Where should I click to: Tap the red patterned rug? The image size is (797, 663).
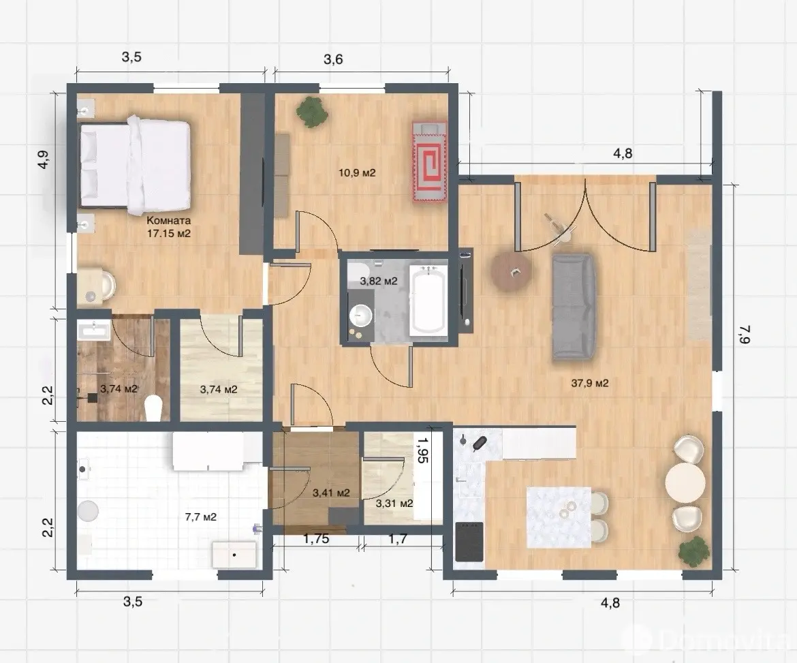(x=430, y=161)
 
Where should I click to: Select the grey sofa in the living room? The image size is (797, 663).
(x=574, y=307)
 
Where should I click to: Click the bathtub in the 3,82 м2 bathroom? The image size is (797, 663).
(x=428, y=299)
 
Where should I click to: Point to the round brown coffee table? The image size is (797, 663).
(x=511, y=272)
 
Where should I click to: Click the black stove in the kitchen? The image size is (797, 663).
(x=469, y=542)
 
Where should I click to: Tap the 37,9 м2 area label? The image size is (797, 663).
(x=590, y=384)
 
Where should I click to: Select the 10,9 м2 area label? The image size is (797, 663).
(x=357, y=173)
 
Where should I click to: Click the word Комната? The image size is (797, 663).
(x=169, y=221)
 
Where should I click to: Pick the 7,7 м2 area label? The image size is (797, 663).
(x=201, y=517)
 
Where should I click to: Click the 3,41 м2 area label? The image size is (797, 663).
(x=331, y=493)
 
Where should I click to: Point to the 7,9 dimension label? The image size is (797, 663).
(x=744, y=334)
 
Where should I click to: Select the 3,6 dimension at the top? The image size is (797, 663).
(x=333, y=59)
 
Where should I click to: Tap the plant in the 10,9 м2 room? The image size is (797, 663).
(x=311, y=111)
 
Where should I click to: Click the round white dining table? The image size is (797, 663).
(x=685, y=482)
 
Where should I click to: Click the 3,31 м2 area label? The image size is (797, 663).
(x=394, y=504)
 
